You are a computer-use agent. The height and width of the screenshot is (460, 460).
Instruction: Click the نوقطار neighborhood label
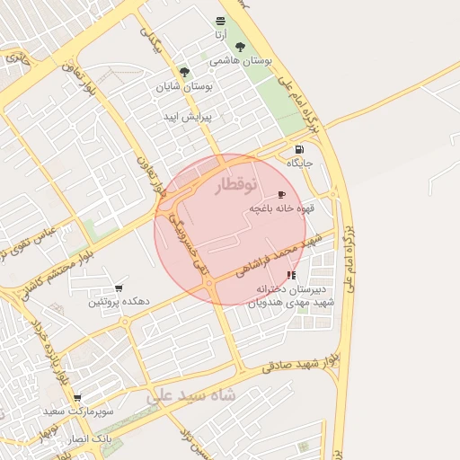coord(236,184)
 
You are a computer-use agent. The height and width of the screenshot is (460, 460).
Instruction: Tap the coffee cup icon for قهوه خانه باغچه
coord(281,194)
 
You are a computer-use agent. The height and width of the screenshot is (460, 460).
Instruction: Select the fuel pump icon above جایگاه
coord(298,149)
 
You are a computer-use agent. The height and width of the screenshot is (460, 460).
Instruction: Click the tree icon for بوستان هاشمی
coord(239,47)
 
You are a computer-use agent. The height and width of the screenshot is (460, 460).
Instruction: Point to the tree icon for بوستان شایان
coord(184,71)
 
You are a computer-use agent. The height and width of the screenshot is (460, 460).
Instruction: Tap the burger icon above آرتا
coord(221,20)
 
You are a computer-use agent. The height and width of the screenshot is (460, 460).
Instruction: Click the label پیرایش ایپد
coord(187,118)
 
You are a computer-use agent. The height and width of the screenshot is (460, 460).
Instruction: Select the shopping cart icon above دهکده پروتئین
coord(119,288)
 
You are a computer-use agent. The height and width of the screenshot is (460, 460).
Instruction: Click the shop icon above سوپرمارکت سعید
coord(77,397)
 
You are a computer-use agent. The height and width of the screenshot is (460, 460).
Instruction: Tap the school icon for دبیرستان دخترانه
coord(290,276)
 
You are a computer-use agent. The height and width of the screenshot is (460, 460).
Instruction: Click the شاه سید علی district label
coord(190,394)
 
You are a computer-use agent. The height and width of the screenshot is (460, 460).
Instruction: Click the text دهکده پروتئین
coord(118,303)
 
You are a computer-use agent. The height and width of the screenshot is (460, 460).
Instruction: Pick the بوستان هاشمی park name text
coord(240,61)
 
